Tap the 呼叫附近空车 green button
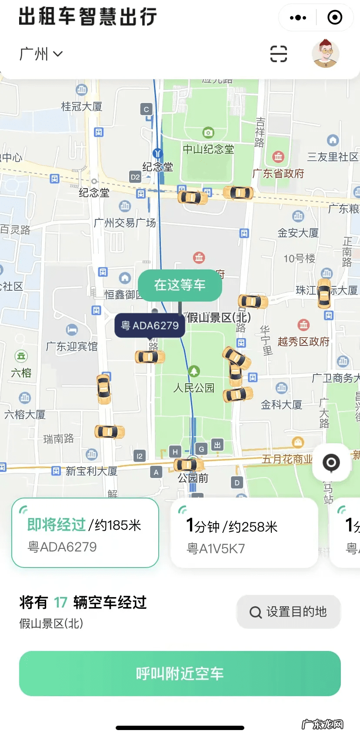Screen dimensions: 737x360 pos(180,673)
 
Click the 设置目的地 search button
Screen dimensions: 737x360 pos(288,612)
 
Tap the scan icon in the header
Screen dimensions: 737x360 pos(279,54)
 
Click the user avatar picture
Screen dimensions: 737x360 pos(325,53)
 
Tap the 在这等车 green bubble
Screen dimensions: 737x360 pos(180,285)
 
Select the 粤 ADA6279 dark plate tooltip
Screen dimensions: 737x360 pos(150,325)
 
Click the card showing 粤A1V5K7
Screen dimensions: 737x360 pos(244,533)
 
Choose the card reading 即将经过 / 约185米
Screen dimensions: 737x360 pos(85,533)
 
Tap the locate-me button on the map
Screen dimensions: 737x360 pos(331,462)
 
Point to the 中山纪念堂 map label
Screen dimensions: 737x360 pos(208,149)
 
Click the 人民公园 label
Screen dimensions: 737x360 pos(194,388)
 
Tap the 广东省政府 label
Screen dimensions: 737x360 pos(278,173)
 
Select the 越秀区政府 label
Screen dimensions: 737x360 pos(303,342)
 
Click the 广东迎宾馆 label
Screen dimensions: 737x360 pos(72,346)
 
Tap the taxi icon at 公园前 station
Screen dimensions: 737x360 pos(188,465)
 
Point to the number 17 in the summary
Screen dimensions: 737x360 pos(60,603)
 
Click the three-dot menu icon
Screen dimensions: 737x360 pos(298,18)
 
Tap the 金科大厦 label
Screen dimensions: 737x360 pos(281,405)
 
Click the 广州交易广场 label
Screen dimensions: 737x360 pos(125,223)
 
